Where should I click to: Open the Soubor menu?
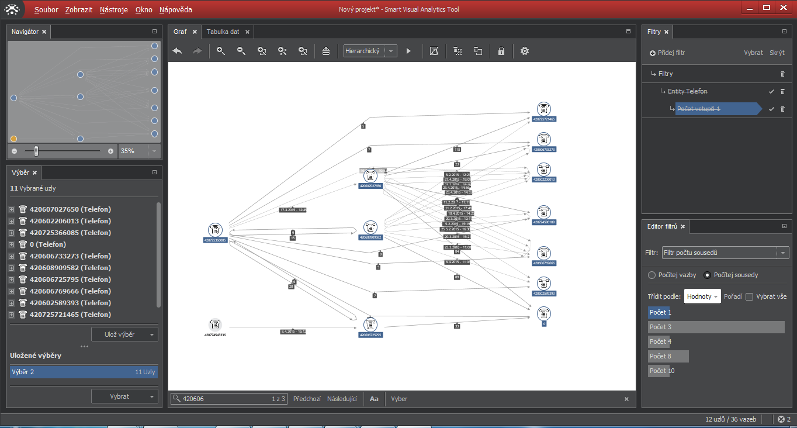(46, 10)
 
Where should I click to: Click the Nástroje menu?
(113, 10)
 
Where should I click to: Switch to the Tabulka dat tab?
(223, 32)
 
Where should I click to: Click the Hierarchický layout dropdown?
(370, 51)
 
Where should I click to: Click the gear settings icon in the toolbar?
(525, 51)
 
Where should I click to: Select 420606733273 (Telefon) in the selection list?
(70, 256)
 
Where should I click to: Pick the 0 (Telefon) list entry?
(48, 244)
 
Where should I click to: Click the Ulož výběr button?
(124, 334)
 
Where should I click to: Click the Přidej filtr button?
(667, 53)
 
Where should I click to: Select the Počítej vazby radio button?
(652, 275)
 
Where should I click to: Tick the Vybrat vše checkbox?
(750, 296)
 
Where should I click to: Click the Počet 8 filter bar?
(668, 356)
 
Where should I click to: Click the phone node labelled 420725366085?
(215, 230)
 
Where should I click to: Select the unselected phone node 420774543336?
(215, 325)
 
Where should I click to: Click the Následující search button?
(342, 399)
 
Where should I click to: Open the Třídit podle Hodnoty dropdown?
(702, 296)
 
